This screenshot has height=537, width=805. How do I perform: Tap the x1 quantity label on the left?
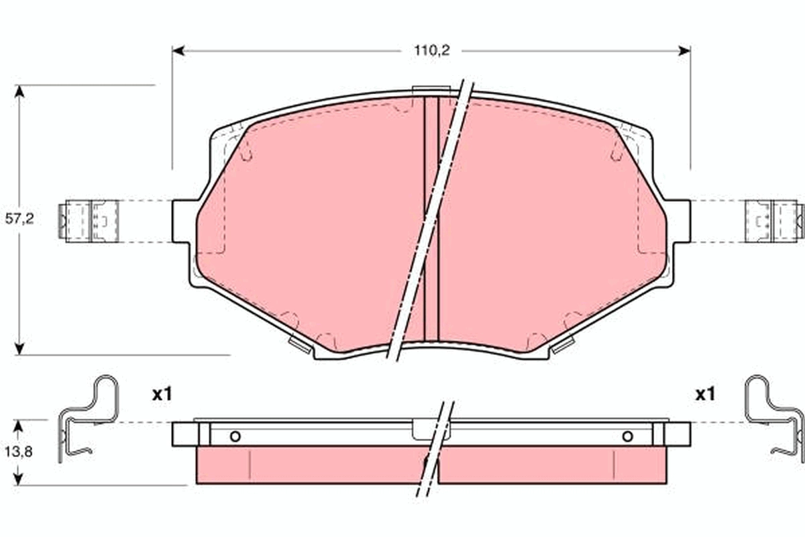tap(162, 395)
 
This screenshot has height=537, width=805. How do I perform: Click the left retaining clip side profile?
tap(87, 416)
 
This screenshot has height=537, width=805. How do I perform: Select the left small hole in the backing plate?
tap(235, 437)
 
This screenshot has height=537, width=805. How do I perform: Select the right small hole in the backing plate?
tap(627, 437)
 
